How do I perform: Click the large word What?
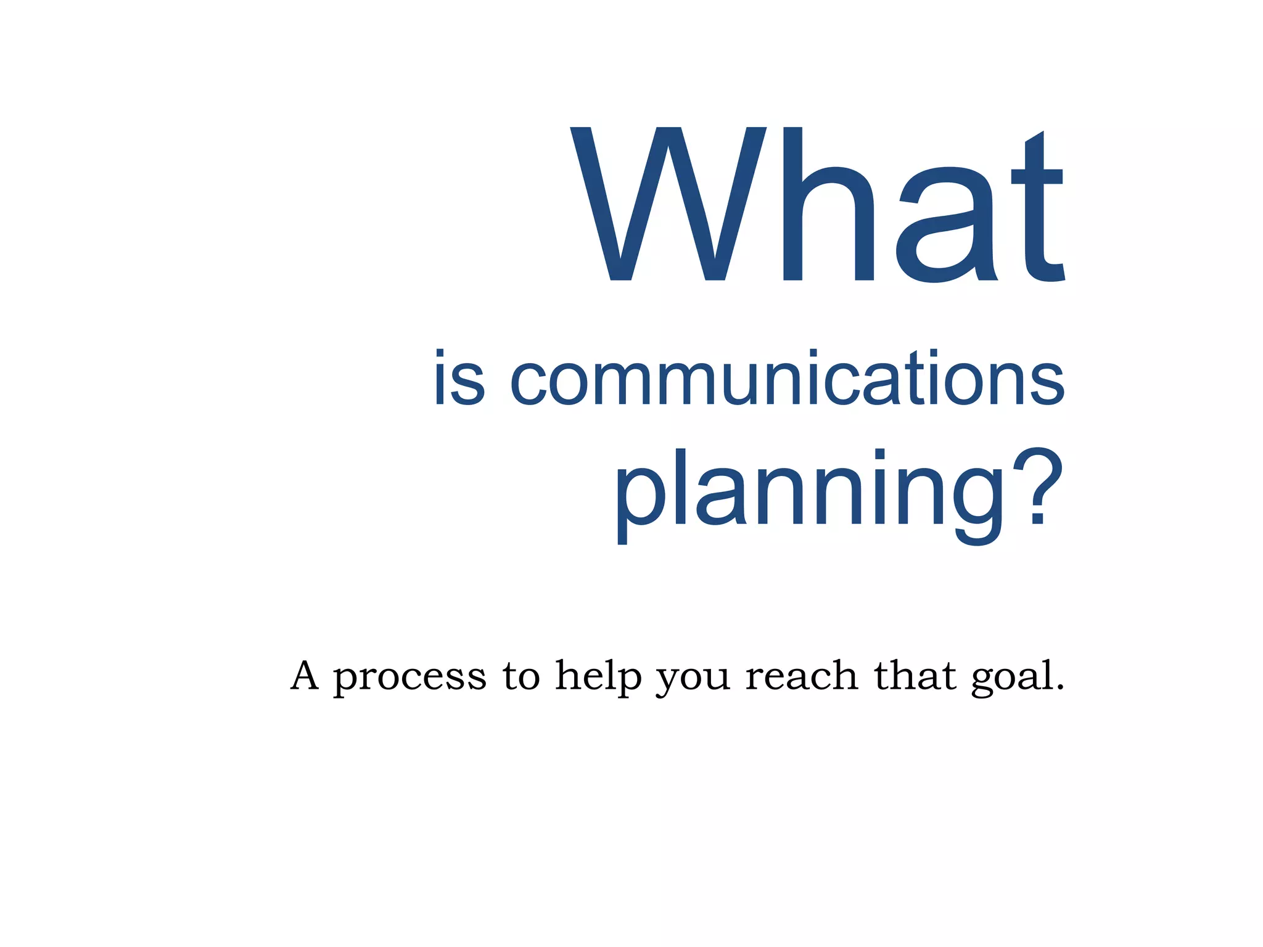coord(817,205)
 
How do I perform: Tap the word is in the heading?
coord(459,378)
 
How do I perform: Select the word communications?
coord(787,378)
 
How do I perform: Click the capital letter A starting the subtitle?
coord(305,676)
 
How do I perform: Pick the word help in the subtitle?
coord(598,677)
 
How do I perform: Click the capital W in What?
coord(668,205)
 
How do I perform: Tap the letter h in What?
coord(828,205)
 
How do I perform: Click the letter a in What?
coord(945,226)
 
